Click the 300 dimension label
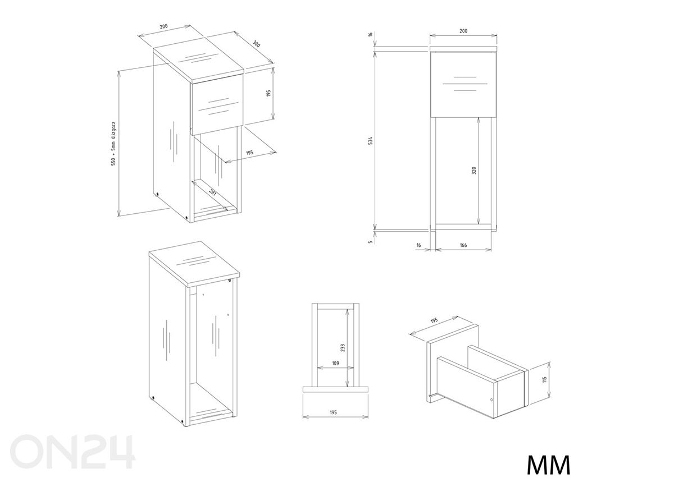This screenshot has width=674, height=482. (256, 44)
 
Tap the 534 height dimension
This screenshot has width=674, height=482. (371, 141)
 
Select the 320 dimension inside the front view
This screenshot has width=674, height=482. (474, 171)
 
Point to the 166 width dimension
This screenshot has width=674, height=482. (463, 245)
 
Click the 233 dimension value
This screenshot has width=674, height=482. (343, 348)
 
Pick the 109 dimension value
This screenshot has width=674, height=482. (335, 363)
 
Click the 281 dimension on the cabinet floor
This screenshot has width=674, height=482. (212, 192)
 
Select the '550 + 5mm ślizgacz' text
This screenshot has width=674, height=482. (113, 144)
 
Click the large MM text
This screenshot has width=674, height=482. (548, 465)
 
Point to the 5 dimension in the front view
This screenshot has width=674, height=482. (371, 241)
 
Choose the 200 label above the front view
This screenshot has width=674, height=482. (463, 31)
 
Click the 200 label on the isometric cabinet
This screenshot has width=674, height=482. (163, 26)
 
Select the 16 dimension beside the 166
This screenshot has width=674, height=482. (418, 245)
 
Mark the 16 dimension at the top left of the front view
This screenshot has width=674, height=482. (371, 34)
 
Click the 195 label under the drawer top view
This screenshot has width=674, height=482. (333, 412)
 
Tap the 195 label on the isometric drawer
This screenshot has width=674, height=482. (434, 320)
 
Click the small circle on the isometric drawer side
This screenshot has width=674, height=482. (491, 400)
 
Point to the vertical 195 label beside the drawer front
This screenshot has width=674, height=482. (268, 93)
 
